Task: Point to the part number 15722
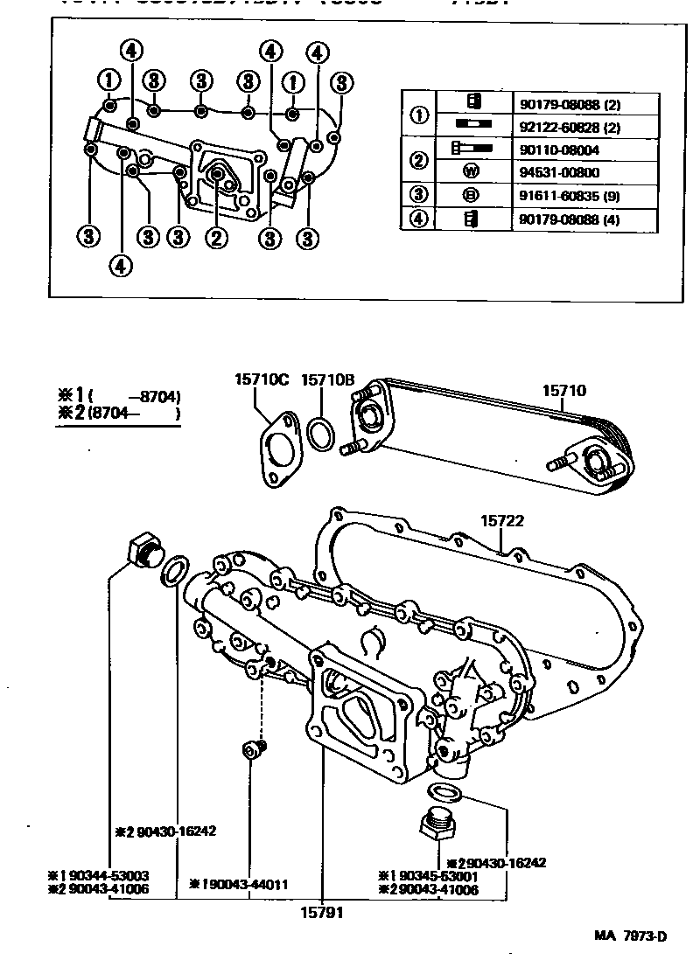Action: click(501, 520)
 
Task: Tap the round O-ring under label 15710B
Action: click(322, 434)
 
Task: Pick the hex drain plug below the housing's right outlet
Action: click(437, 825)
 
